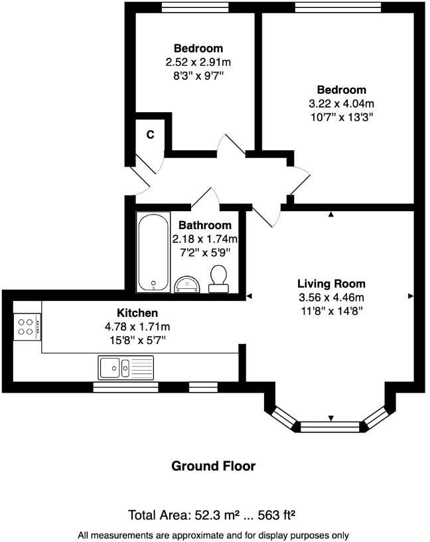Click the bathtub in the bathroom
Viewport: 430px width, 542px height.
153,252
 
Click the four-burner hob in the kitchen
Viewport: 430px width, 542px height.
27,326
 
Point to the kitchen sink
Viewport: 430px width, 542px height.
125,366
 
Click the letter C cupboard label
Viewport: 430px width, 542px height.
151,134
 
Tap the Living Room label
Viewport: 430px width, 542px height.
330,284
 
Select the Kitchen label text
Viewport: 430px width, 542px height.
137,313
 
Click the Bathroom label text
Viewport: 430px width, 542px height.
205,225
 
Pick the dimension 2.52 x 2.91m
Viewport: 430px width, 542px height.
198,62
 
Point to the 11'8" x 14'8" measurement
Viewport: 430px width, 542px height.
330,310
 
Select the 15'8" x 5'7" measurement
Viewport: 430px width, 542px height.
137,340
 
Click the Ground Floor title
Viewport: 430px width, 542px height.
214,466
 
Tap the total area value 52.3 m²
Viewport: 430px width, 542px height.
216,515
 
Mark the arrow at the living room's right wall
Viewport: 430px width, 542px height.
411,295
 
